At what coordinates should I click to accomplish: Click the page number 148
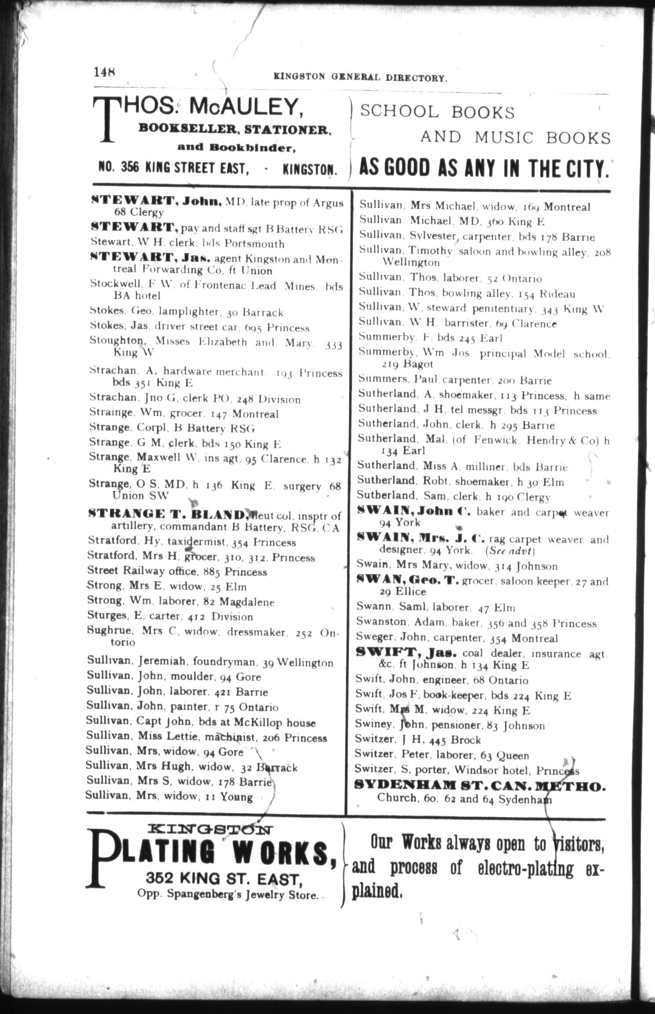point(104,72)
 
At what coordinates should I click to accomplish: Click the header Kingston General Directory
point(361,77)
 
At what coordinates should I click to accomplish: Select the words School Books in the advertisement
point(438,112)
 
